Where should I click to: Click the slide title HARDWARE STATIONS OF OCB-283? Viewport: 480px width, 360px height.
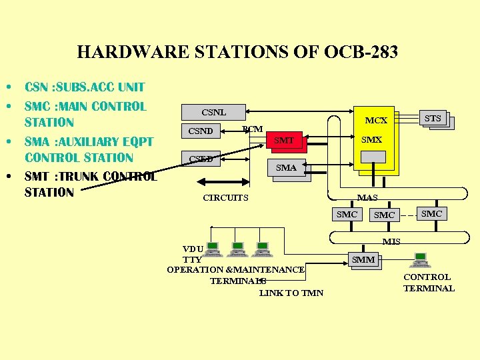click(x=237, y=52)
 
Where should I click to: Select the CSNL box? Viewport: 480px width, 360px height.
click(x=213, y=112)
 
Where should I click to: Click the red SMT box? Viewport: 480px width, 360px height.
click(x=284, y=140)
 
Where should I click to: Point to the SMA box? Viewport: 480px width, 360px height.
click(x=287, y=168)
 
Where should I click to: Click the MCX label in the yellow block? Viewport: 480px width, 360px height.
click(x=376, y=121)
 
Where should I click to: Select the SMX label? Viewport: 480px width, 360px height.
click(x=371, y=140)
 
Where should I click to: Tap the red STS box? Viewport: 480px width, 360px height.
click(x=433, y=119)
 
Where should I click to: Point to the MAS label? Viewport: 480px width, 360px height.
click(x=367, y=198)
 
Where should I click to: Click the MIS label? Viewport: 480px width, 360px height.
click(x=391, y=241)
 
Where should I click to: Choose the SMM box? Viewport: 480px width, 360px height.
click(x=363, y=260)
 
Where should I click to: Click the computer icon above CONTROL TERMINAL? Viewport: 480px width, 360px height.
click(x=421, y=259)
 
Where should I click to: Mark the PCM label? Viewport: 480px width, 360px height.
click(x=253, y=129)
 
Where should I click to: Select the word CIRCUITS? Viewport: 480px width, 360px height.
click(x=225, y=198)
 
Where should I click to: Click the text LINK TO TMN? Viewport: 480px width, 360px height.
click(x=291, y=293)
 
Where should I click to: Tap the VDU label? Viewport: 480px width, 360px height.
click(x=193, y=249)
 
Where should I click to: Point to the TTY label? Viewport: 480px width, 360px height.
click(x=192, y=259)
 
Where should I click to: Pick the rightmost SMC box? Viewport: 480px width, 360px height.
click(x=432, y=213)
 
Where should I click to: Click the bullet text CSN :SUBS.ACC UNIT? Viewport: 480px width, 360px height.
click(x=85, y=87)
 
